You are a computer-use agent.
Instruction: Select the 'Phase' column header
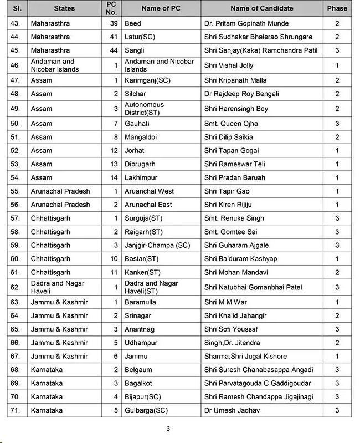tap(337, 8)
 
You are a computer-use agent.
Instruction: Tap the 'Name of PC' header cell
tap(161, 8)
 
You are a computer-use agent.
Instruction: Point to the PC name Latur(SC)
tap(141, 37)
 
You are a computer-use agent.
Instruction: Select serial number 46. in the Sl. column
tap(16, 65)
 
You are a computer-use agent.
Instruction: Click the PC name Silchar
tap(136, 94)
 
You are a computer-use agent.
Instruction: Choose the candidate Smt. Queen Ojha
tap(231, 124)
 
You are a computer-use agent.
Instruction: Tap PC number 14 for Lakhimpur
tap(113, 178)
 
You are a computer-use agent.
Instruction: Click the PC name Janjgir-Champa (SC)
tap(157, 246)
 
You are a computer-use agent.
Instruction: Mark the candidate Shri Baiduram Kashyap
tap(240, 259)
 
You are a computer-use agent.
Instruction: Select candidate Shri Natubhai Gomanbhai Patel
tap(253, 288)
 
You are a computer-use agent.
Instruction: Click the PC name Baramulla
tap(140, 302)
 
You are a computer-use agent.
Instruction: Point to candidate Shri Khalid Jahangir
tap(235, 316)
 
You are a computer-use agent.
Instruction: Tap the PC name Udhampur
tap(141, 343)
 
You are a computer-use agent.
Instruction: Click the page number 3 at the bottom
tap(168, 429)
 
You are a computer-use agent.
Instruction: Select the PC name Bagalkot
tap(138, 384)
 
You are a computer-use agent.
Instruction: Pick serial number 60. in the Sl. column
tap(16, 259)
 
